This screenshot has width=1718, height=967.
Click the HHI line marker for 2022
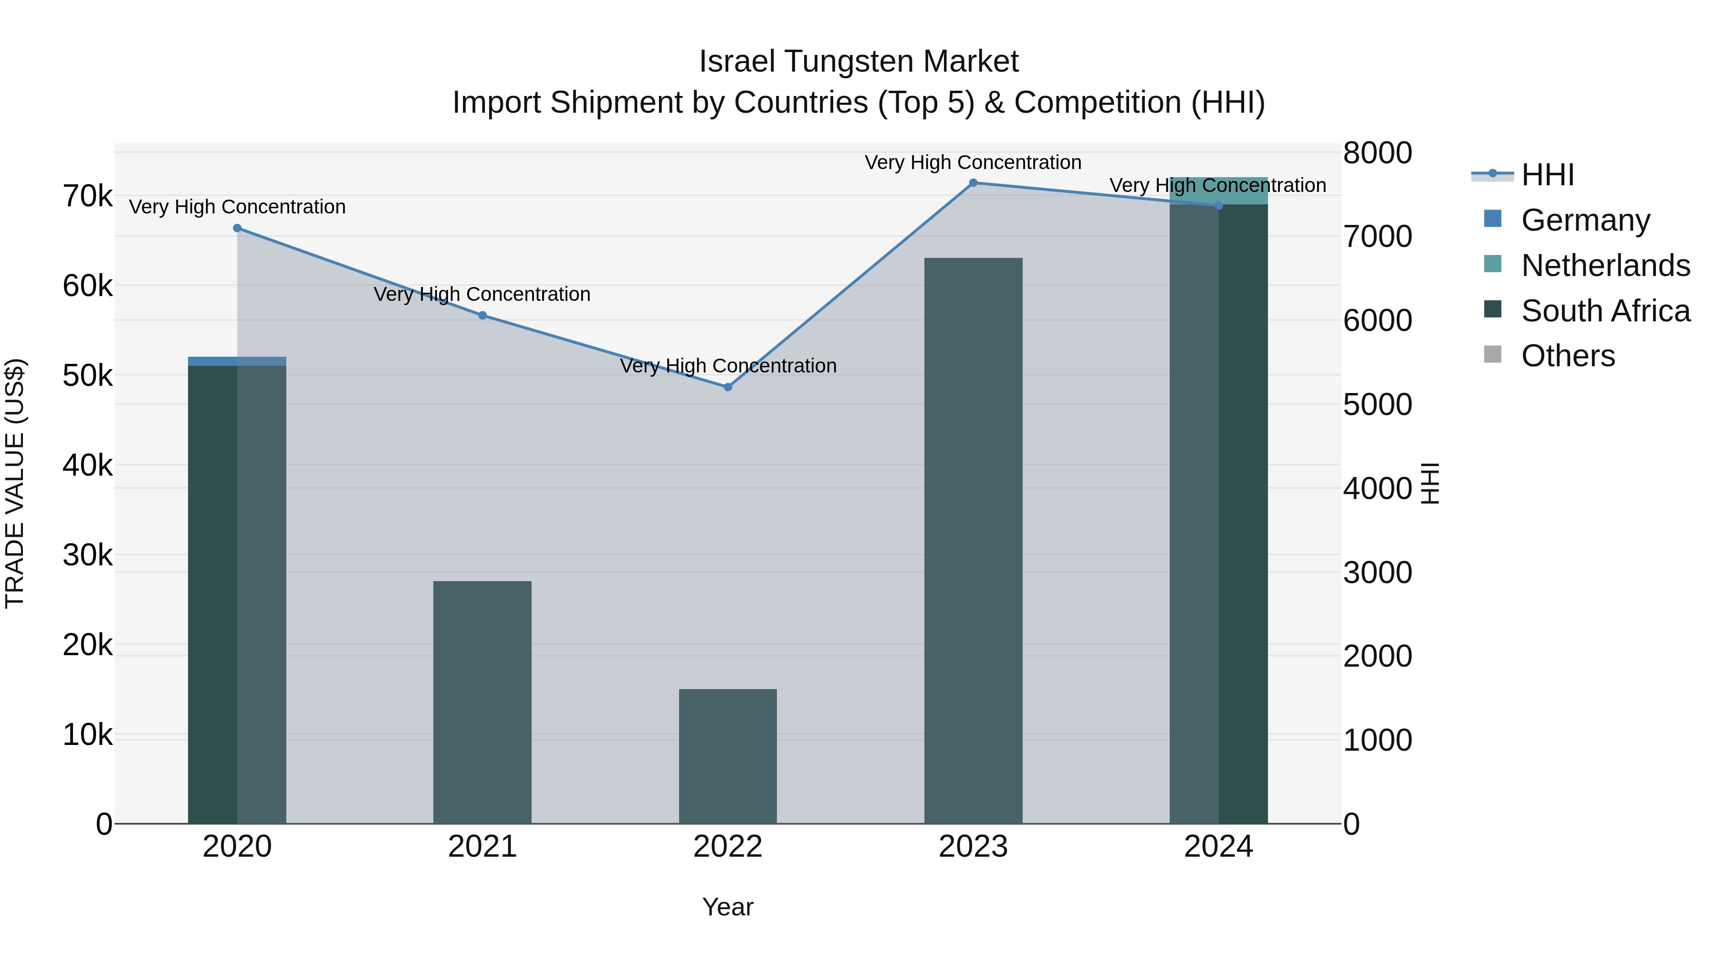point(728,387)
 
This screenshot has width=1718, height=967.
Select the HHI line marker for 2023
point(973,183)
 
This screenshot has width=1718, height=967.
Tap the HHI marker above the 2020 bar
point(238,228)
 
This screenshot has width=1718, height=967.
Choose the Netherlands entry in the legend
point(1604,266)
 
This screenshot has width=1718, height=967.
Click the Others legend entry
point(1567,356)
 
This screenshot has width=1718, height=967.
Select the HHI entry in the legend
point(1547,175)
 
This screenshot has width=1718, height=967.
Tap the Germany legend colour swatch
point(1493,219)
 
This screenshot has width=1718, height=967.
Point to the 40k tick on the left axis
point(87,465)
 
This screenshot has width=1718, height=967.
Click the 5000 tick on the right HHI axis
point(1377,404)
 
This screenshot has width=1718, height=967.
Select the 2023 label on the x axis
point(973,847)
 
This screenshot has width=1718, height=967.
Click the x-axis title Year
point(728,907)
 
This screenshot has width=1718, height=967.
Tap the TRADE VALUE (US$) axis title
point(15,483)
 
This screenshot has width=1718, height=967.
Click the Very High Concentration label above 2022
point(728,366)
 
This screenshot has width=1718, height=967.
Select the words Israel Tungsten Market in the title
point(859,62)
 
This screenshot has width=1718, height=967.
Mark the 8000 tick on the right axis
point(1377,153)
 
